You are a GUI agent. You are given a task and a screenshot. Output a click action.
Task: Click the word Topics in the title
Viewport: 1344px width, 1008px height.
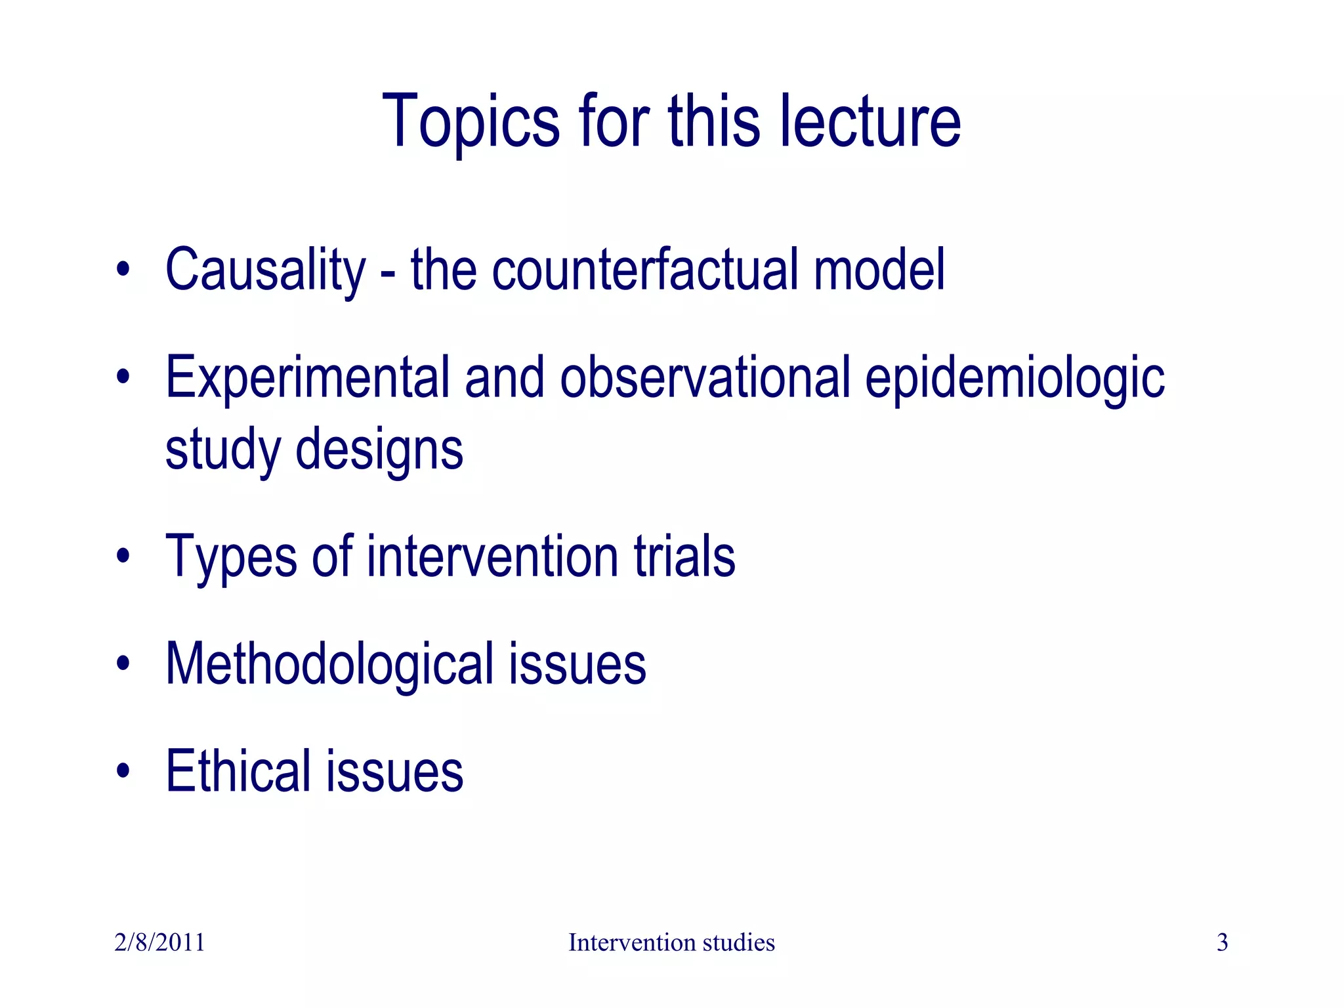(471, 123)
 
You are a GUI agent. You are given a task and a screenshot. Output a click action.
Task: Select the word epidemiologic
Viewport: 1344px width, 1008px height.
(1014, 379)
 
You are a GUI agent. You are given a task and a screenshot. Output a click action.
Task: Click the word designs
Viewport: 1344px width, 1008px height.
(379, 449)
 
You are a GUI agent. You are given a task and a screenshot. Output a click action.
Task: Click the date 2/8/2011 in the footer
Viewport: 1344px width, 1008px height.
(159, 942)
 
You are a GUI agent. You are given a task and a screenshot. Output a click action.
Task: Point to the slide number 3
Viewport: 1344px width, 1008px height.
(1222, 942)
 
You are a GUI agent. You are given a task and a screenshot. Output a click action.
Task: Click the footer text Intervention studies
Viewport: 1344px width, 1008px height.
(671, 942)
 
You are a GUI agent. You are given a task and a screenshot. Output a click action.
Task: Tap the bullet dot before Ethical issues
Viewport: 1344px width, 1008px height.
(123, 771)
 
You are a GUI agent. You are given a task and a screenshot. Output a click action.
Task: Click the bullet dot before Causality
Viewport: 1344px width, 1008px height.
(123, 270)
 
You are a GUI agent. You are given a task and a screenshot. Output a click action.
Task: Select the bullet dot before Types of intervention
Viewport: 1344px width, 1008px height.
(123, 556)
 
